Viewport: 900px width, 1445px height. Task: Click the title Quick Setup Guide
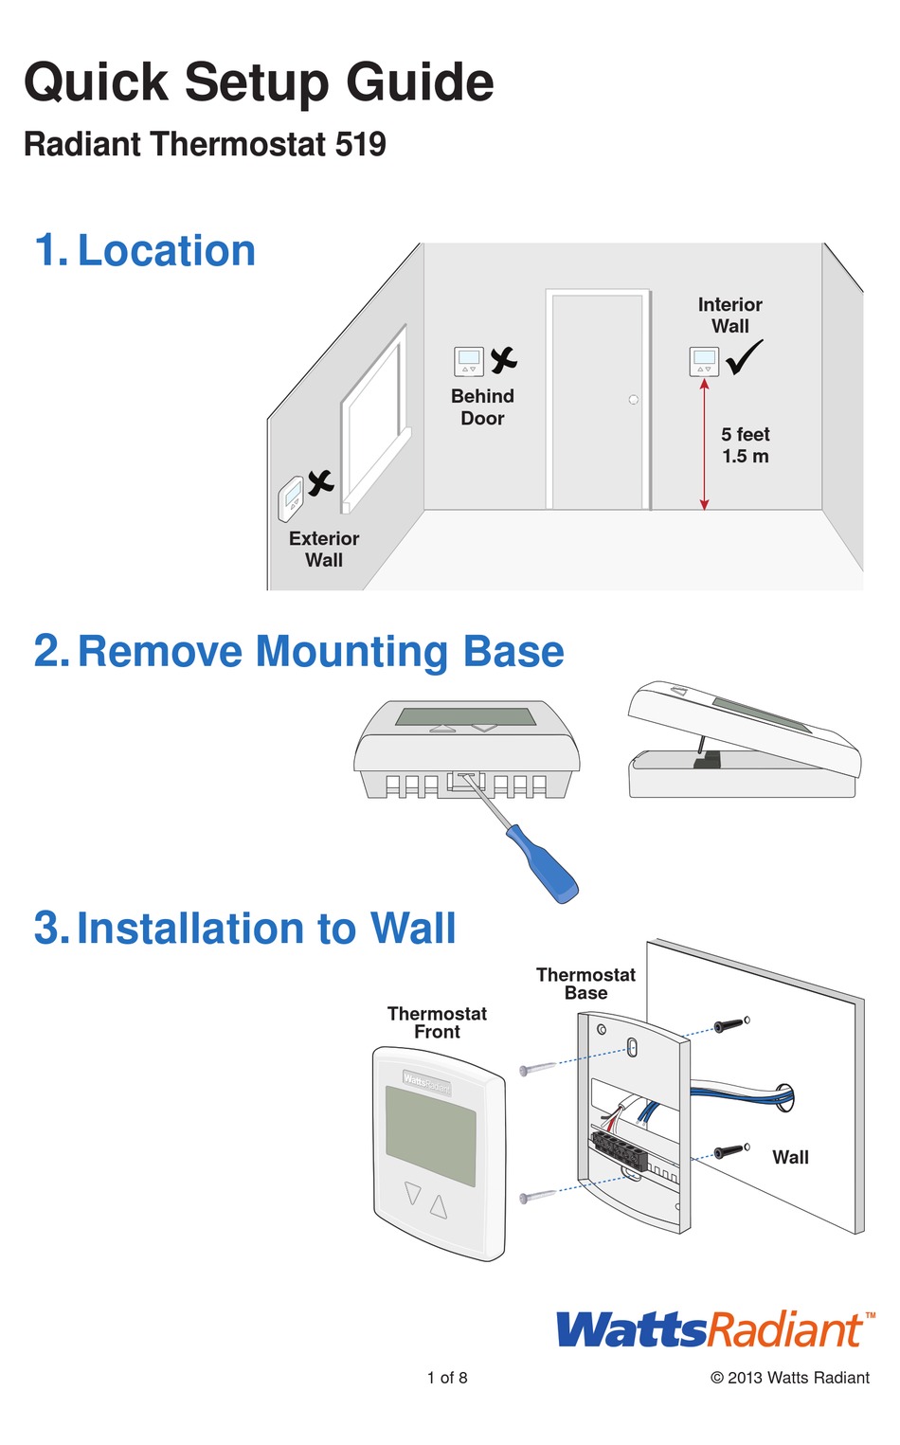coord(259,82)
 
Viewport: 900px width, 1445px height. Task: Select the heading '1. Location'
coord(145,251)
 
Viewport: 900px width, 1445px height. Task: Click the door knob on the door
coord(633,400)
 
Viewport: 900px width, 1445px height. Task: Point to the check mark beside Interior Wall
coord(745,358)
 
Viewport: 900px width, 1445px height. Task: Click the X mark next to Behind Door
coord(504,360)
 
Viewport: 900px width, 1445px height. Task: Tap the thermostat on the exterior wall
coord(290,498)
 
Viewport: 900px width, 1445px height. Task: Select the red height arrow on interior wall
coord(704,443)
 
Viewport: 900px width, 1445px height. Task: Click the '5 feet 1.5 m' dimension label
coord(746,445)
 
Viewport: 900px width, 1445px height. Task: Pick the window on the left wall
coord(374,417)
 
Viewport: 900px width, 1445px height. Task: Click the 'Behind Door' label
coord(482,407)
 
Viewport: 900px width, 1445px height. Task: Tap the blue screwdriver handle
coord(542,862)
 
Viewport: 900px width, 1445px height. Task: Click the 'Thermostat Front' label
coord(437,1022)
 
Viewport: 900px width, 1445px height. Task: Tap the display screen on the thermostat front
coord(431,1135)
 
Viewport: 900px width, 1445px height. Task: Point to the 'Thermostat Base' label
coord(585,984)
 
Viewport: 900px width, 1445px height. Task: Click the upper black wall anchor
coord(729,1025)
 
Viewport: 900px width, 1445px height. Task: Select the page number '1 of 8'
coord(447,1378)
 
